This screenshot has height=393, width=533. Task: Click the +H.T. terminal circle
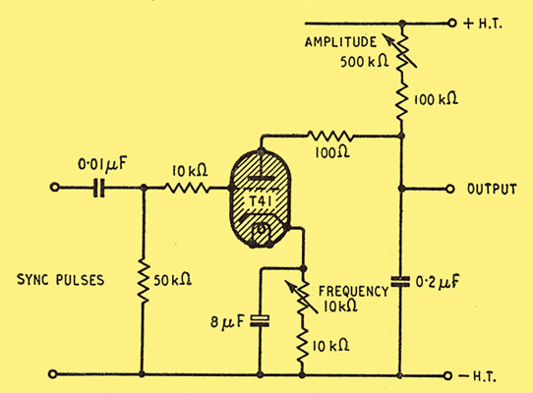tap(451, 24)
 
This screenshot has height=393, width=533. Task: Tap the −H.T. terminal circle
tap(447, 375)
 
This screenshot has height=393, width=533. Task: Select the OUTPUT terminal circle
tap(449, 189)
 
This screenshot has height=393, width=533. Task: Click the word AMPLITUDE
tap(340, 42)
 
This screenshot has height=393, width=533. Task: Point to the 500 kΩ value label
tap(365, 62)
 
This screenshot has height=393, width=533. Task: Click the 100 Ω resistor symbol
tap(330, 137)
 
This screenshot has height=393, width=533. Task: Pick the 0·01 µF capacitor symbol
tap(99, 188)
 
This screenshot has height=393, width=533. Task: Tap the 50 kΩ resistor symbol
tap(143, 281)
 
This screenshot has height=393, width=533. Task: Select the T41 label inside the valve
tap(261, 201)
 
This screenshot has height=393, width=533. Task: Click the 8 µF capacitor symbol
tap(260, 321)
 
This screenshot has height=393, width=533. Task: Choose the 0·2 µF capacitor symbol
tap(400, 282)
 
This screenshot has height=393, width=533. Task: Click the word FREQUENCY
tap(353, 292)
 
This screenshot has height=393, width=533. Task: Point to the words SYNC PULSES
tap(61, 280)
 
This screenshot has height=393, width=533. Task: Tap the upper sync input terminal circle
tap(54, 187)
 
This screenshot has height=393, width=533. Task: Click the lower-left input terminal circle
tap(53, 374)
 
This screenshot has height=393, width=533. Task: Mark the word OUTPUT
tap(492, 190)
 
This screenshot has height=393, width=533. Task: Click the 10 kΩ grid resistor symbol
tap(187, 188)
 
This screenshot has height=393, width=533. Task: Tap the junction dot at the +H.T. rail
tap(402, 24)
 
